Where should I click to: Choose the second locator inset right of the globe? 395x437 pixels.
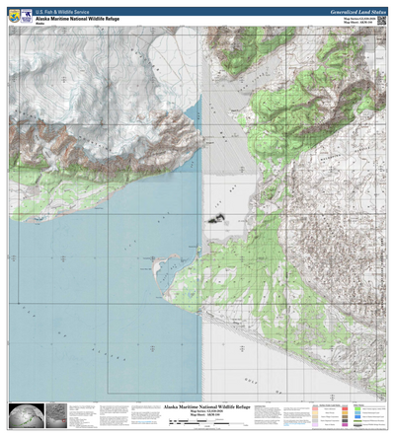click(x=56, y=415)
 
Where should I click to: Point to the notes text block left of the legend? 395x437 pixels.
click(x=291, y=415)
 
